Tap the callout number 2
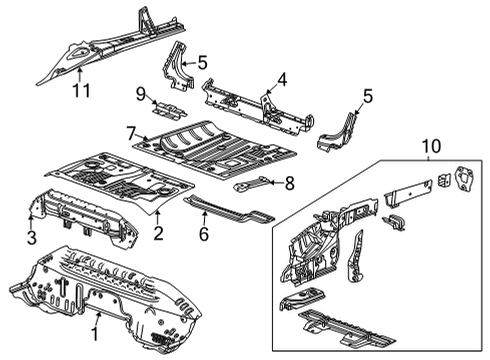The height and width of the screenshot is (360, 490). click(158, 234)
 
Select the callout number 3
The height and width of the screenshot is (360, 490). click(31, 236)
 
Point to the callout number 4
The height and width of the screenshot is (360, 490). click(282, 79)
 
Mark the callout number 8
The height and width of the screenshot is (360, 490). click(289, 182)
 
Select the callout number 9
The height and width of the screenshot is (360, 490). click(140, 94)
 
